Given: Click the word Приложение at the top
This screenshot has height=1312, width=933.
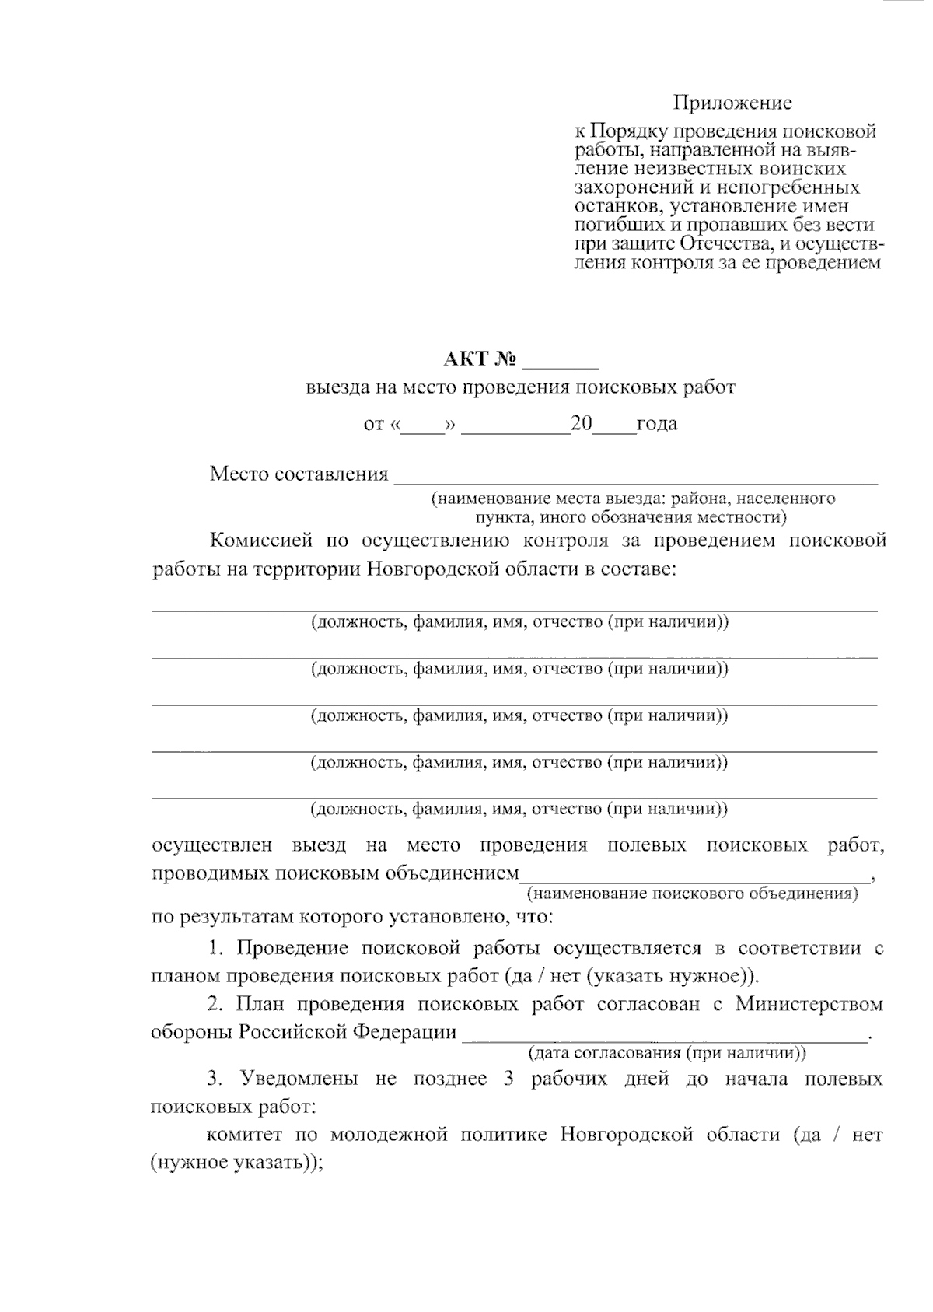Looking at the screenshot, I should pos(732,103).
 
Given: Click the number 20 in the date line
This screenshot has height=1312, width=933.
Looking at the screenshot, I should pos(581,424).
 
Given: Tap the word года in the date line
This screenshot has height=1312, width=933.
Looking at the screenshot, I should pos(656,425).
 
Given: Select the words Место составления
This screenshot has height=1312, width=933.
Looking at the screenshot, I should pos(299,474).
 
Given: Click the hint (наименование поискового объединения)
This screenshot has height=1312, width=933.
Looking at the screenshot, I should pos(692,894).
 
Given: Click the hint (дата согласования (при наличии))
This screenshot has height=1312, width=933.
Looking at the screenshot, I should pos(666,1054).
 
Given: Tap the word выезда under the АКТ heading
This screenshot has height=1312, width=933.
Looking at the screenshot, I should pos(334,387).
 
